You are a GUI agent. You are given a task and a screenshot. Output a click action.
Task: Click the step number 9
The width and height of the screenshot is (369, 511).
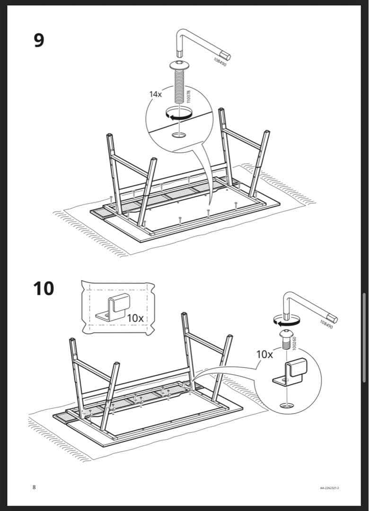pos(39,40)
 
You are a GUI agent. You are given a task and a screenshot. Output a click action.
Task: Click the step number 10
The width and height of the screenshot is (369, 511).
pos(44,288)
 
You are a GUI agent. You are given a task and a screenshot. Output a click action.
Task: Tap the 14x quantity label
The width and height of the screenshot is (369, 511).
pos(156,94)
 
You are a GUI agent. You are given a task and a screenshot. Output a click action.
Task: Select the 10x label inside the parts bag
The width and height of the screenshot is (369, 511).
pos(135,318)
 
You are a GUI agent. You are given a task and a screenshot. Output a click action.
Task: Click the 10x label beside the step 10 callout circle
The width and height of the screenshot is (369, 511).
pos(264,354)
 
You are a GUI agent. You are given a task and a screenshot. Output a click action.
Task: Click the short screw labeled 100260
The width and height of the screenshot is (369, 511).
pos(286,339)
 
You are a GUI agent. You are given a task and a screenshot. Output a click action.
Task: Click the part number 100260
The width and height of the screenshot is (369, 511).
pos(294,343)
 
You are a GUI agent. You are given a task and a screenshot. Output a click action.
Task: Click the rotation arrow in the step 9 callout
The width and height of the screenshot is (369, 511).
pos(178,114)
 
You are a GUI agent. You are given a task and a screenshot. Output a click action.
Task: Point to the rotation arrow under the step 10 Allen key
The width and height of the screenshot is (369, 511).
pos(286,322)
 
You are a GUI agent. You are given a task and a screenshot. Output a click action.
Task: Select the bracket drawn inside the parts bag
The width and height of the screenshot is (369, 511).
pos(113,308)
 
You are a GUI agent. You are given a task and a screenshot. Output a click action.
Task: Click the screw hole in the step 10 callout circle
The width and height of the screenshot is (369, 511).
pos(286,406)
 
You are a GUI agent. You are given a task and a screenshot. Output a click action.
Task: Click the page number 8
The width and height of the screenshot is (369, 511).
pos(34,487)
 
